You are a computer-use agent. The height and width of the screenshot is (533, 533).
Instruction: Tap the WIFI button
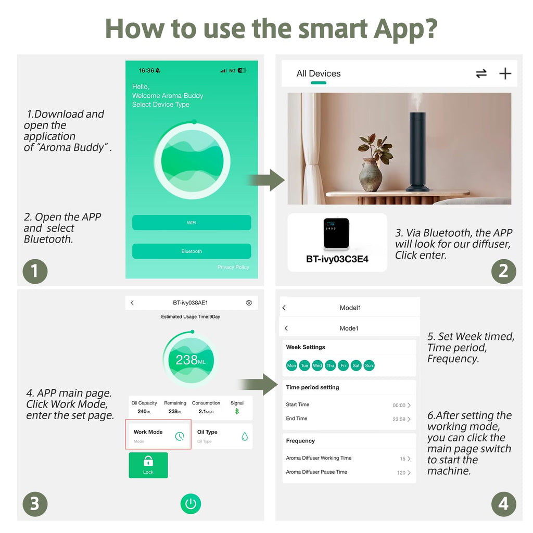pyautogui.click(x=192, y=223)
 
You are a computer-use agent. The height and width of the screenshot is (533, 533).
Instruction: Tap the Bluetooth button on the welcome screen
pyautogui.click(x=192, y=251)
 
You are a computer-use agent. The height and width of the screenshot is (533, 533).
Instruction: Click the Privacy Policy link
pyautogui.click(x=233, y=267)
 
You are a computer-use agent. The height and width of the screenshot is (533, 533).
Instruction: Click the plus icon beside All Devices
pyautogui.click(x=505, y=73)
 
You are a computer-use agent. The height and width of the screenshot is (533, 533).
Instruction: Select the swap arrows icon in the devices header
pyautogui.click(x=481, y=73)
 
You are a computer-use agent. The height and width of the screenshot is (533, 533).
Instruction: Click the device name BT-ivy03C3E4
pyautogui.click(x=337, y=259)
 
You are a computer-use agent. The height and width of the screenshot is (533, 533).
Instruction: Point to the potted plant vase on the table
pyautogui.click(x=370, y=174)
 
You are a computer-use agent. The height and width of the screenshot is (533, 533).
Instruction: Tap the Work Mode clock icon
pyautogui.click(x=180, y=436)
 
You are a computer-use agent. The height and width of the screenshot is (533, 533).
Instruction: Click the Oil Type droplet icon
pyautogui.click(x=245, y=436)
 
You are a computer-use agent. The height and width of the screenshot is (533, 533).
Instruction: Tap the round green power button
pyautogui.click(x=191, y=503)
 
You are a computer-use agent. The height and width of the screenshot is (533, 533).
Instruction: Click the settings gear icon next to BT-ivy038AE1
pyautogui.click(x=249, y=302)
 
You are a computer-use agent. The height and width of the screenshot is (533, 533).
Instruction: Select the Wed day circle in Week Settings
pyautogui.click(x=317, y=365)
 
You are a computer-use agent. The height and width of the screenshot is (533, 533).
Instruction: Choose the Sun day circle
pyautogui.click(x=369, y=365)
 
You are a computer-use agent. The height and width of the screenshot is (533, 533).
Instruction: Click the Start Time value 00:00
pyautogui.click(x=399, y=405)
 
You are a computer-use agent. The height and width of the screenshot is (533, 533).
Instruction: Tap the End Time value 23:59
pyautogui.click(x=399, y=419)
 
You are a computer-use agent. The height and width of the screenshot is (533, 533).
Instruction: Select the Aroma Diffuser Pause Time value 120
pyautogui.click(x=401, y=473)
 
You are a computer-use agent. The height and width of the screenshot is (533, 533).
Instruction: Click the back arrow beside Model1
pyautogui.click(x=284, y=308)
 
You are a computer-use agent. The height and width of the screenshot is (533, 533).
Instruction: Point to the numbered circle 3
pyautogui.click(x=35, y=504)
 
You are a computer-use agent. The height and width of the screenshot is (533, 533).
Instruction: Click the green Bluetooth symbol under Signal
pyautogui.click(x=237, y=411)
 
